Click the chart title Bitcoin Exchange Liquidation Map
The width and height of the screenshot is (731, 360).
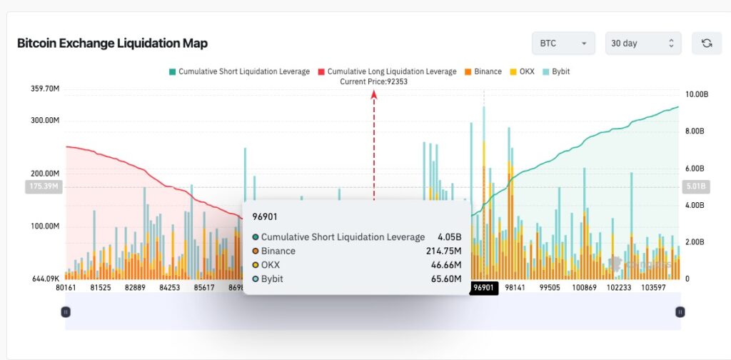pyautogui.click(x=112, y=44)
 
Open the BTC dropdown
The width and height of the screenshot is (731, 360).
pyautogui.click(x=563, y=44)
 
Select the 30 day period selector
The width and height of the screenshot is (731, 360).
pyautogui.click(x=642, y=44)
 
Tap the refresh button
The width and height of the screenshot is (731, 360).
pyautogui.click(x=707, y=44)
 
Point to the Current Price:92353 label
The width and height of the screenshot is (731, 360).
pyautogui.click(x=373, y=81)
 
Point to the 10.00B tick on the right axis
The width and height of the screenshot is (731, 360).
pyautogui.click(x=697, y=94)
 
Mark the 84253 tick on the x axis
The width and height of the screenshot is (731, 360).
pyautogui.click(x=169, y=288)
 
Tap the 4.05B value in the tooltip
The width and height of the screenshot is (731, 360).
pyautogui.click(x=450, y=237)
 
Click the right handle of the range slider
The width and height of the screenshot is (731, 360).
pyautogui.click(x=680, y=312)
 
